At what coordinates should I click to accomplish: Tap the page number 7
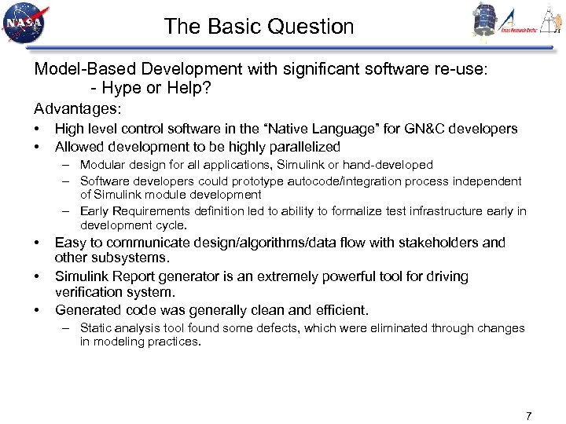529,415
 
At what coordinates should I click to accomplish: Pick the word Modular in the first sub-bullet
102,165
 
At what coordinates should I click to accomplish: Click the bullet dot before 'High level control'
37,129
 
